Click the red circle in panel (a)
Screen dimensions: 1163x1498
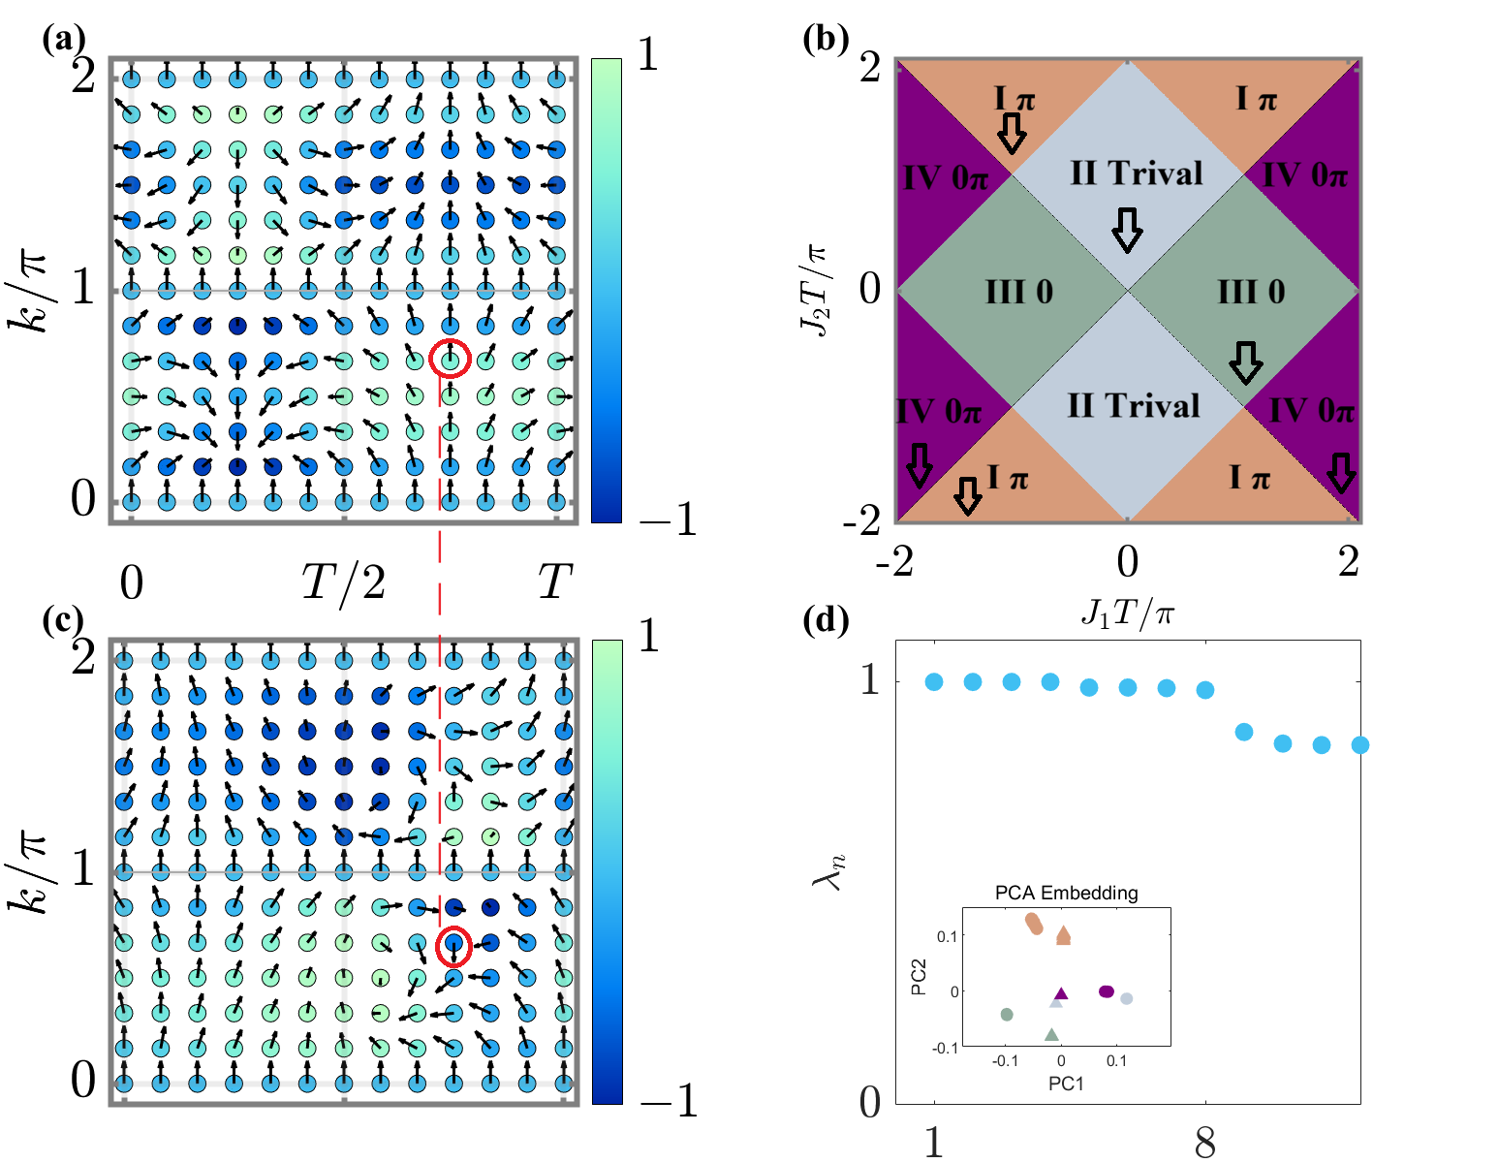point(450,359)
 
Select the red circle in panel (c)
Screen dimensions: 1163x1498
point(453,946)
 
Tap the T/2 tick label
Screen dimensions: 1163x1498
point(344,583)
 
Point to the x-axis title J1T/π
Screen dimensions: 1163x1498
point(1127,613)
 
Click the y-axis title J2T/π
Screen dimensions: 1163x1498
point(815,289)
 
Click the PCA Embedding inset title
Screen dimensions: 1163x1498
point(1066,893)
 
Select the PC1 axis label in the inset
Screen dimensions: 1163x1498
point(1066,1084)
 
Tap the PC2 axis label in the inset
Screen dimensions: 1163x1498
point(919,977)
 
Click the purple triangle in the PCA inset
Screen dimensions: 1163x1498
point(1061,993)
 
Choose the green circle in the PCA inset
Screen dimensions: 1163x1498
point(1007,1015)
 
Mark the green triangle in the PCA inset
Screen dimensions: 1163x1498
point(1051,1035)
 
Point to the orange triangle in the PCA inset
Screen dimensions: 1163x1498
point(1064,935)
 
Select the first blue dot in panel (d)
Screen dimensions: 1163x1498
point(934,682)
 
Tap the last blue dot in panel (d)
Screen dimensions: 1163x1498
point(1359,745)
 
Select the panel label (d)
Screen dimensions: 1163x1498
point(827,620)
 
